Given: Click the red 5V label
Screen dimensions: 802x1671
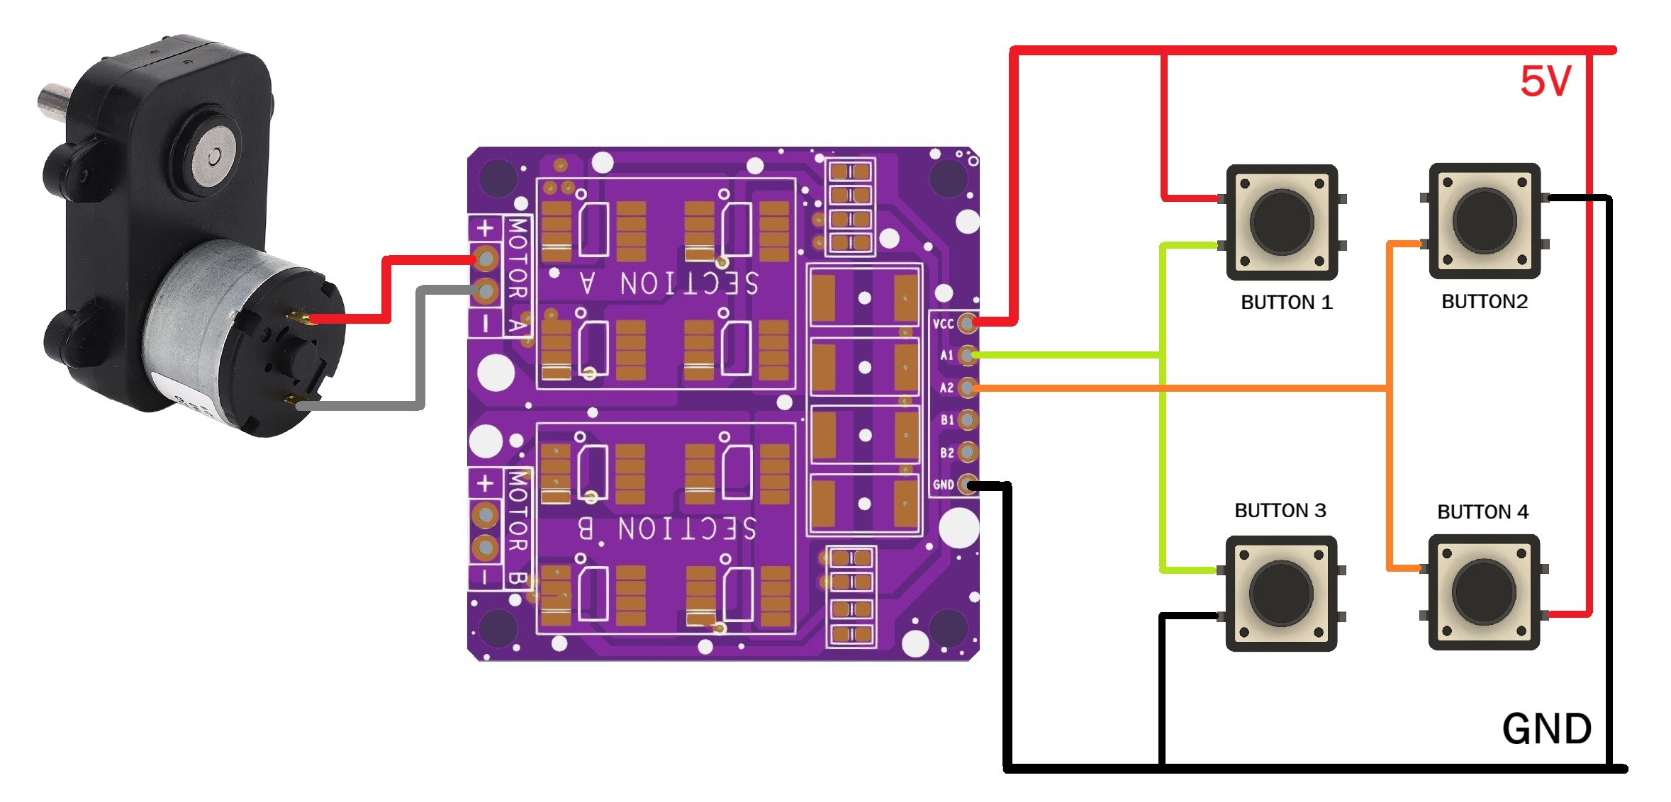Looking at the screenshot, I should [1546, 81].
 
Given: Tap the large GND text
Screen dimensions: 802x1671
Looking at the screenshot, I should [1547, 729].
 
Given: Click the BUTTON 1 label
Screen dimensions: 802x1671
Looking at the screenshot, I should [1286, 303].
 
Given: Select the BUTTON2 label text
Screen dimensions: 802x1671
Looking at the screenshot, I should [1485, 302].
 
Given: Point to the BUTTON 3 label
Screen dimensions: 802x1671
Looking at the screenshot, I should [1280, 511].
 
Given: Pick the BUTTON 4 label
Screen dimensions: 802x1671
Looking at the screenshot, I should [1482, 512].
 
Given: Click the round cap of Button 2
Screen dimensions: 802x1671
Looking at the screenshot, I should [1484, 220].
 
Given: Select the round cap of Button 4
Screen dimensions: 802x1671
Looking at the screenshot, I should [1483, 592].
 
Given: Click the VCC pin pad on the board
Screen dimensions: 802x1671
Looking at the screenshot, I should [966, 323].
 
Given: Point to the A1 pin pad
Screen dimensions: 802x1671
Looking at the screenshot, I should [966, 355].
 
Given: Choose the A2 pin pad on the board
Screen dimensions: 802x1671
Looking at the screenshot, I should [966, 388].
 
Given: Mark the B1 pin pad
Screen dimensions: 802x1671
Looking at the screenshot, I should [966, 420].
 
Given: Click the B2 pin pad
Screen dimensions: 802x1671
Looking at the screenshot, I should [966, 452].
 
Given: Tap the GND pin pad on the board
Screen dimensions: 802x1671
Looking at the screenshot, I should [966, 485].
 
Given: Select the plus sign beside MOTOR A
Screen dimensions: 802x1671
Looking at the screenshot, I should [485, 228].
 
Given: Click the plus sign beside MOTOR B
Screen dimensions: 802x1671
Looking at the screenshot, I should [485, 483].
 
